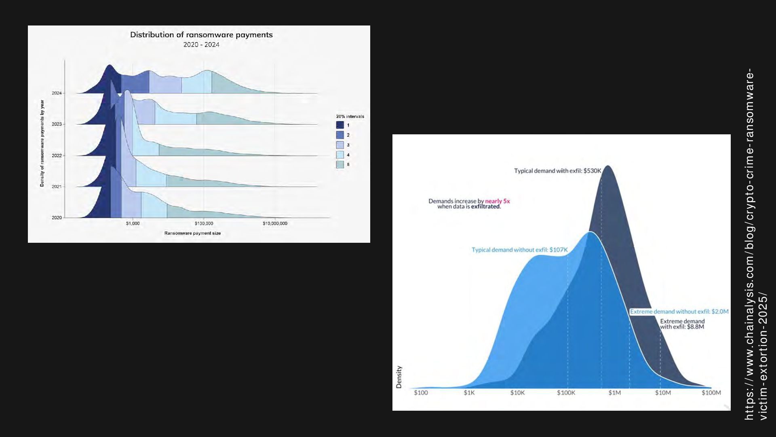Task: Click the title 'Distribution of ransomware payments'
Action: [x=201, y=35]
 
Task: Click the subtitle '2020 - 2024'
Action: [x=201, y=45]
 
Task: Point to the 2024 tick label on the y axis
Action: [x=57, y=93]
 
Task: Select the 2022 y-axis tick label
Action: [x=57, y=155]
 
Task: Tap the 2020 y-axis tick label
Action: [x=57, y=218]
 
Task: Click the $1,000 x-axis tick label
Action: [x=133, y=223]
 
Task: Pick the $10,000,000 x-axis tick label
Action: [x=275, y=223]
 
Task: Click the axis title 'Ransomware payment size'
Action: [x=192, y=233]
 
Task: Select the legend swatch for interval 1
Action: [x=340, y=125]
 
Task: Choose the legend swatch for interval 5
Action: [x=340, y=165]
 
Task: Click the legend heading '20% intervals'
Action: [x=350, y=117]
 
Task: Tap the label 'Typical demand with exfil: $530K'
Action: [x=558, y=171]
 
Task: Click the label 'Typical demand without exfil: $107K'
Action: [x=520, y=250]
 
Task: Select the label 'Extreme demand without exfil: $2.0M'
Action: [x=679, y=312]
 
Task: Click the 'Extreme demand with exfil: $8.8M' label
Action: [x=682, y=324]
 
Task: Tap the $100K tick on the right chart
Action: [x=566, y=392]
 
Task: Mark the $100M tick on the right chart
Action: [x=711, y=392]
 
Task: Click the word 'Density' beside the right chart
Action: [x=399, y=377]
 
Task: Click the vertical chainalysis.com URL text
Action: [x=755, y=245]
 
